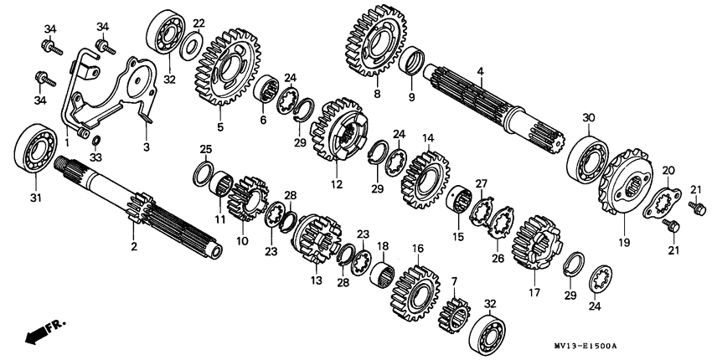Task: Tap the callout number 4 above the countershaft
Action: [480, 71]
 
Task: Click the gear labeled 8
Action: [376, 40]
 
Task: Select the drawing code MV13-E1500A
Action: [586, 346]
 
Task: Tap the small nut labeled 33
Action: [95, 141]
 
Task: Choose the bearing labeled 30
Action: [587, 157]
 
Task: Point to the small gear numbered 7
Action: [454, 316]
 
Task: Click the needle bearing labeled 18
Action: [382, 275]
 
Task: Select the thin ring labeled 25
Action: [203, 173]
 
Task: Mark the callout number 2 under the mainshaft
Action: [134, 247]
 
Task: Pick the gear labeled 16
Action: [416, 293]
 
